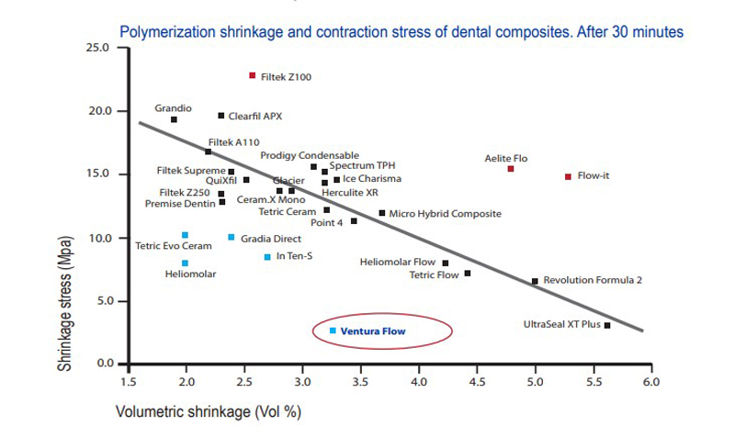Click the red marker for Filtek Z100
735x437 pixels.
(x=253, y=75)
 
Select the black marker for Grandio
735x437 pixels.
(x=174, y=119)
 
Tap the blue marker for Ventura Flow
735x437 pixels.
(x=333, y=331)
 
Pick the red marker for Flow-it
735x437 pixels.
(x=568, y=175)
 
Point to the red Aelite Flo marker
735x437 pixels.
(x=511, y=169)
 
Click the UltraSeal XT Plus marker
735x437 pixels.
(x=607, y=325)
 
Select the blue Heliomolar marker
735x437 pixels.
(x=185, y=263)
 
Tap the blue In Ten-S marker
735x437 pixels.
(x=267, y=257)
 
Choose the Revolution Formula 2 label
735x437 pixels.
(x=593, y=281)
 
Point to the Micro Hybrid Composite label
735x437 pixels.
(x=445, y=213)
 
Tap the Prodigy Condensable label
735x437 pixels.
(x=310, y=155)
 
